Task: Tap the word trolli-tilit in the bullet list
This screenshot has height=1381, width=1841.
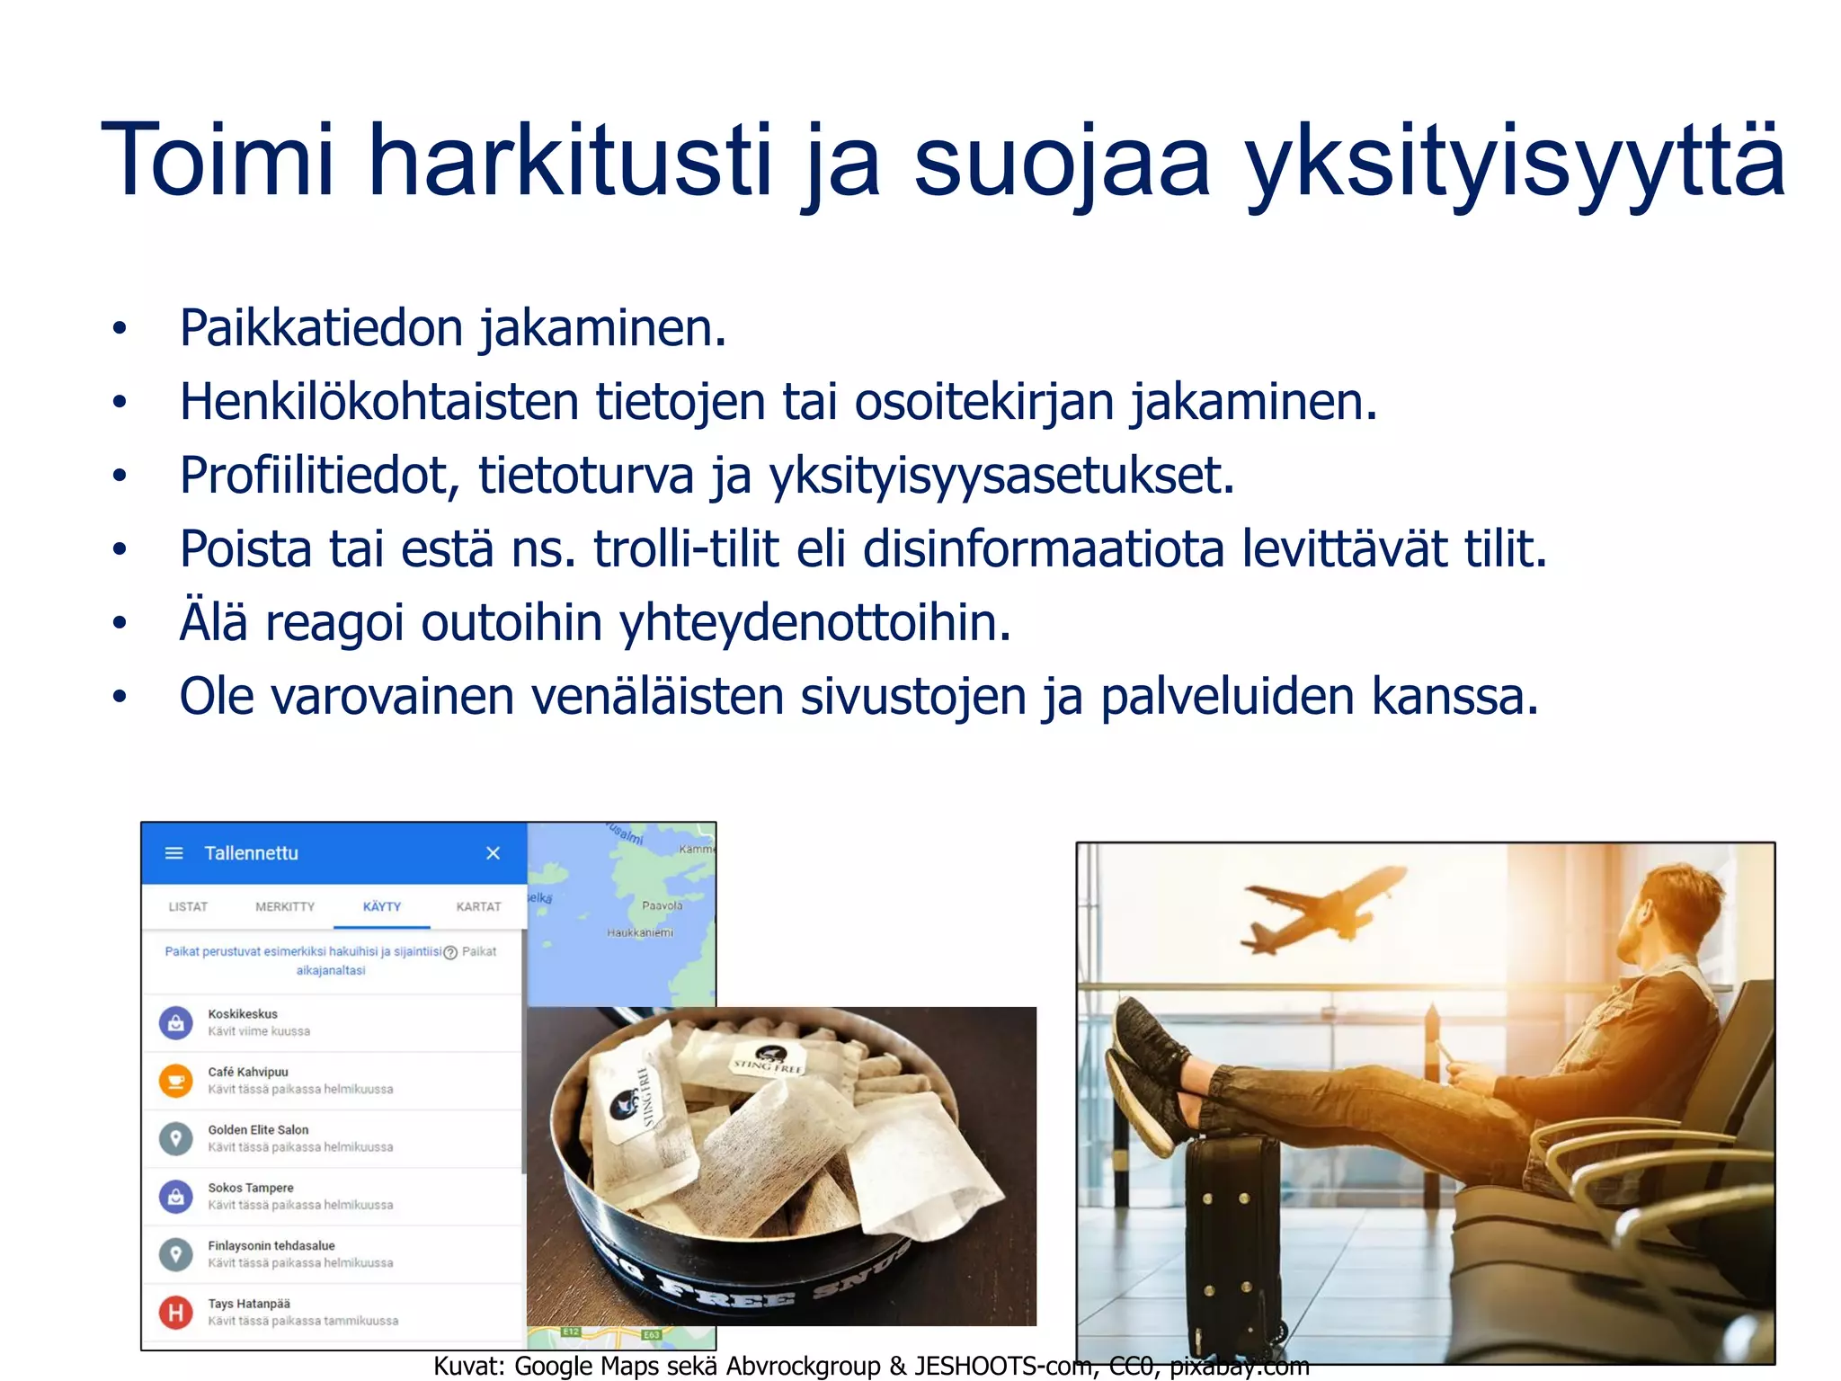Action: pyautogui.click(x=685, y=548)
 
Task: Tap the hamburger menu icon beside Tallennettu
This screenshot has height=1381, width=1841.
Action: pyautogui.click(x=174, y=853)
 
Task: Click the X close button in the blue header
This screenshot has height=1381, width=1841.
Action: pyautogui.click(x=493, y=853)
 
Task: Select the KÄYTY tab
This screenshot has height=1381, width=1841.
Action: pyautogui.click(x=382, y=906)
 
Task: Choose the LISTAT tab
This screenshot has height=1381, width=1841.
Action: pyautogui.click(x=188, y=906)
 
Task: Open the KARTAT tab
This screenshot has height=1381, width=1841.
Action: pyautogui.click(x=478, y=906)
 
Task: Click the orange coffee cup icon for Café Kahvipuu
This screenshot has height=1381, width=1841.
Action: pyautogui.click(x=176, y=1080)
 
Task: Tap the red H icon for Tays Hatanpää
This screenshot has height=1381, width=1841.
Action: pyautogui.click(x=176, y=1313)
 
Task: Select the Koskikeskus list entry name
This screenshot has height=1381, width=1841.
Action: pyautogui.click(x=243, y=1014)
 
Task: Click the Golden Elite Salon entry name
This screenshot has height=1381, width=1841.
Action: pyautogui.click(x=258, y=1130)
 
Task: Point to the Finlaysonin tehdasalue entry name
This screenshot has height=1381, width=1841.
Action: pyautogui.click(x=271, y=1246)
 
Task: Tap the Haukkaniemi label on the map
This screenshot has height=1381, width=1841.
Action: pyautogui.click(x=640, y=933)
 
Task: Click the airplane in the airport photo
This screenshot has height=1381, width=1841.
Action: pyautogui.click(x=1321, y=908)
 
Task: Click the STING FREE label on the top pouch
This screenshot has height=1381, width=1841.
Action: pyautogui.click(x=767, y=1065)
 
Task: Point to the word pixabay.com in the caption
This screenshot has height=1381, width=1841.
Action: pyautogui.click(x=1239, y=1367)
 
